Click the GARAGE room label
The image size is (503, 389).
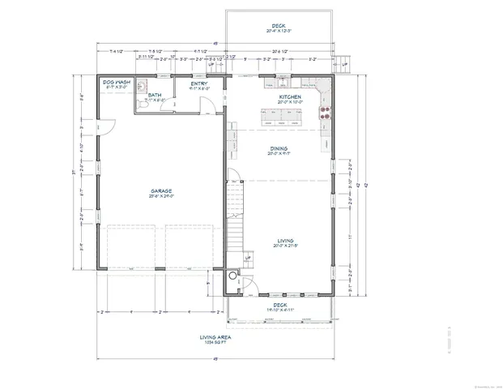[160, 190]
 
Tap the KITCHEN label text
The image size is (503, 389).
[290, 96]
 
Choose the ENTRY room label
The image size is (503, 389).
[198, 83]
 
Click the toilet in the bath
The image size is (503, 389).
[141, 105]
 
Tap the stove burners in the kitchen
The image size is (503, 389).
[326, 112]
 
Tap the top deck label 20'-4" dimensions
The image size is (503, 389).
[279, 31]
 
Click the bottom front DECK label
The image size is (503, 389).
[279, 306]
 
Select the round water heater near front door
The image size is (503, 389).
[234, 276]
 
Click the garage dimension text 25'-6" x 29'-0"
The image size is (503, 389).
[160, 196]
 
